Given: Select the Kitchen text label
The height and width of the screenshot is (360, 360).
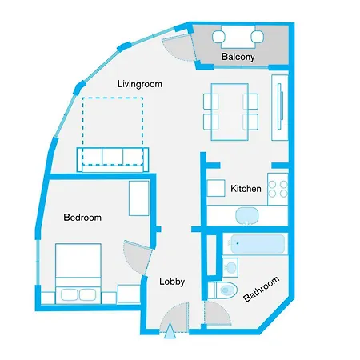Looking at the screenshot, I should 246,189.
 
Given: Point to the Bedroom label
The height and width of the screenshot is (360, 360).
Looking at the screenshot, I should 82,217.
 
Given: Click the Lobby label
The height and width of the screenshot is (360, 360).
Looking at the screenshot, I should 172,281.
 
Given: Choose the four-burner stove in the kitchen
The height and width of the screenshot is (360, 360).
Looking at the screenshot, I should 278,188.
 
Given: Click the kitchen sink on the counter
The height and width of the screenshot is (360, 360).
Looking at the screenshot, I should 247,214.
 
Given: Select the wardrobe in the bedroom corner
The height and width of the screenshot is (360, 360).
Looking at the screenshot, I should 138,197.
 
